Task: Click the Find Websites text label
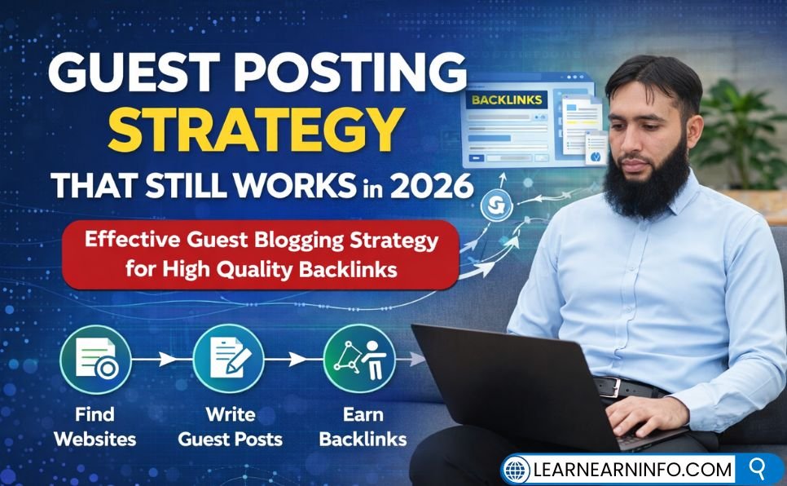tap(95, 426)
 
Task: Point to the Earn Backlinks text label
tap(363, 426)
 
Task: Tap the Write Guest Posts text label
tap(230, 426)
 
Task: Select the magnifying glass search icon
tap(758, 469)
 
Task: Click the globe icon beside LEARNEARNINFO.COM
tap(517, 470)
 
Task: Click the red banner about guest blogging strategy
tap(261, 254)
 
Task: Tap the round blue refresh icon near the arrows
tap(492, 205)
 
